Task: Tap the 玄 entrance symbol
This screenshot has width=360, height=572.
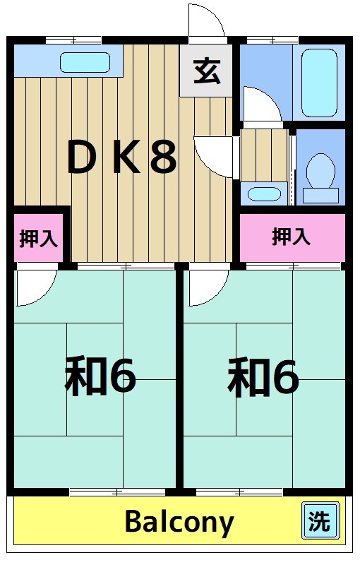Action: (x=205, y=71)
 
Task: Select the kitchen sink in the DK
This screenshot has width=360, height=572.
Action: (x=85, y=62)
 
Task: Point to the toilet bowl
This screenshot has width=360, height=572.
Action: (x=321, y=173)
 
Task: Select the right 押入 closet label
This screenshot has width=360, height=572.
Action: (x=292, y=237)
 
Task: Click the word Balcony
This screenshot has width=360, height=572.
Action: (x=179, y=523)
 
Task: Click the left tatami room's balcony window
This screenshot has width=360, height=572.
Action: (x=97, y=491)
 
